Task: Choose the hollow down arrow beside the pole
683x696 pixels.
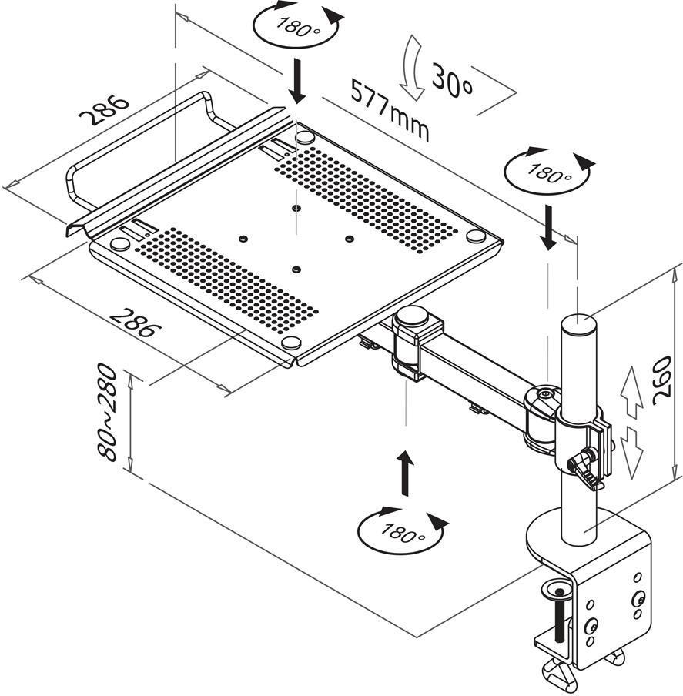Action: [631, 451]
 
